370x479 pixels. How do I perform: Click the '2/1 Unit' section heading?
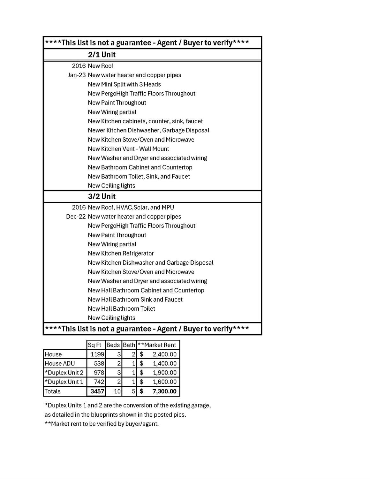point(102,55)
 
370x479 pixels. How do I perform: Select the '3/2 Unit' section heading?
point(102,196)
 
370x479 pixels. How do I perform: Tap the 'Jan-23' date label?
point(77,75)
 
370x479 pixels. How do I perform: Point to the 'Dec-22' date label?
point(76,217)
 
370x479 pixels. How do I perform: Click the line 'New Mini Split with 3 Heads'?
point(124,84)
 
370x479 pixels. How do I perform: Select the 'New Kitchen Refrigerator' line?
point(121,253)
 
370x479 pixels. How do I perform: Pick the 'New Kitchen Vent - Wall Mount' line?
point(128,149)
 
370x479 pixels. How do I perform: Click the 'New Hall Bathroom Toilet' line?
point(121,309)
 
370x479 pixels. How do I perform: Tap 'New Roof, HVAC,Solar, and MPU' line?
point(131,207)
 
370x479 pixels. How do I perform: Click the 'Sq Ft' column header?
point(94,345)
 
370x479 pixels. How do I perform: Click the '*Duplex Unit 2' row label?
point(64,373)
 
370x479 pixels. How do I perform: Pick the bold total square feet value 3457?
point(97,391)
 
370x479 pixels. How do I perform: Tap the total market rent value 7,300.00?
point(164,391)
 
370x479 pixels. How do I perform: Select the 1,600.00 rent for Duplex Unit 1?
point(164,382)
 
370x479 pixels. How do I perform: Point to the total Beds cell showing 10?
point(117,391)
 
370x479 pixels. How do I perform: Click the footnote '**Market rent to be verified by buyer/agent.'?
point(102,424)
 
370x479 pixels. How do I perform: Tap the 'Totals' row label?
point(53,391)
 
